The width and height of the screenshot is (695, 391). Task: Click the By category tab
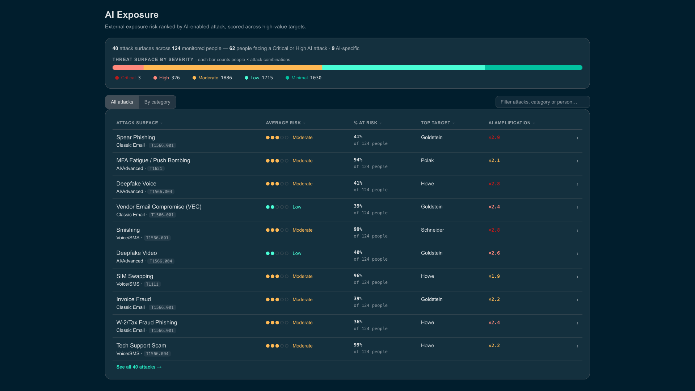coord(157,102)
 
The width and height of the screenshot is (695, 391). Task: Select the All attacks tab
coord(122,102)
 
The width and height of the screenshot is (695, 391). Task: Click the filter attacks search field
coord(542,102)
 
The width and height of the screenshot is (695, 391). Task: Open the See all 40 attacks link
coord(139,367)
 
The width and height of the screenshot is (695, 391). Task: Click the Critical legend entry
coord(128,78)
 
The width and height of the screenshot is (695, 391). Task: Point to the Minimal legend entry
coord(303,78)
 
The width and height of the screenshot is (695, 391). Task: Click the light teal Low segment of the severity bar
coord(403,68)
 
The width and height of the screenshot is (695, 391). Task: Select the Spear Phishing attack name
coord(136,138)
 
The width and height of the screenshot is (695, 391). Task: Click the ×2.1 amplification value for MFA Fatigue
coord(494,161)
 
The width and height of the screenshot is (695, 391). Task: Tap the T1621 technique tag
coord(156,169)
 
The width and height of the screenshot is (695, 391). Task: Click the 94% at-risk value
coord(358,160)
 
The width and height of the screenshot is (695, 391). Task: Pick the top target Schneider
coord(432,230)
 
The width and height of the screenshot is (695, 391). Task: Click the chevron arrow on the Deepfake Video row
coord(577,254)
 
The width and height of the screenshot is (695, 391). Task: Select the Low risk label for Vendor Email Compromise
coord(297,207)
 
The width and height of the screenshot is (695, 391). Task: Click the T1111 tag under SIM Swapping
coord(152,285)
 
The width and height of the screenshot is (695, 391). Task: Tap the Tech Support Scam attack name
coord(141,346)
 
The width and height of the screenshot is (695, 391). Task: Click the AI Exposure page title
coord(132,15)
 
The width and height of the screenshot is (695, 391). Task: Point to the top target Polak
coord(427,160)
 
